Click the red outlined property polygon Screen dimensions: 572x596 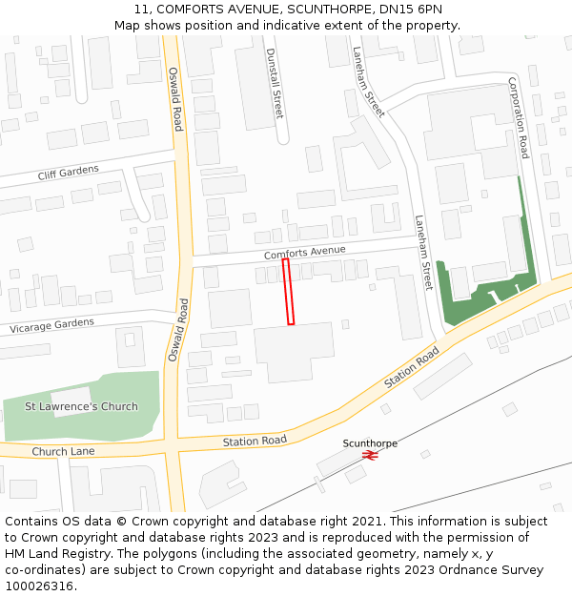(x=288, y=292)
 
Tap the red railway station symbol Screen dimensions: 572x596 (x=371, y=456)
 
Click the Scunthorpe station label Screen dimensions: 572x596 (x=370, y=443)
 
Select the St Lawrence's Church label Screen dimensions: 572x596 (x=81, y=406)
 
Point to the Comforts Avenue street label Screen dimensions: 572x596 (x=304, y=253)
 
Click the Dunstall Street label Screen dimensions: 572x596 (x=274, y=83)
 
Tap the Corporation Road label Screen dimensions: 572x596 (x=518, y=117)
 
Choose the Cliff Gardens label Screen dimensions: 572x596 (x=68, y=172)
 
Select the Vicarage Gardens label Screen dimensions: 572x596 (x=52, y=325)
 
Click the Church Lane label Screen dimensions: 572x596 (x=63, y=451)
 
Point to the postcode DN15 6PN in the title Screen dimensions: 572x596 (x=409, y=9)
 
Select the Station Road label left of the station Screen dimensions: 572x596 (x=255, y=441)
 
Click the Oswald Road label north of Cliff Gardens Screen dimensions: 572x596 (x=175, y=98)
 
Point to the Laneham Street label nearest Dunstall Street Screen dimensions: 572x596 (x=368, y=82)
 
